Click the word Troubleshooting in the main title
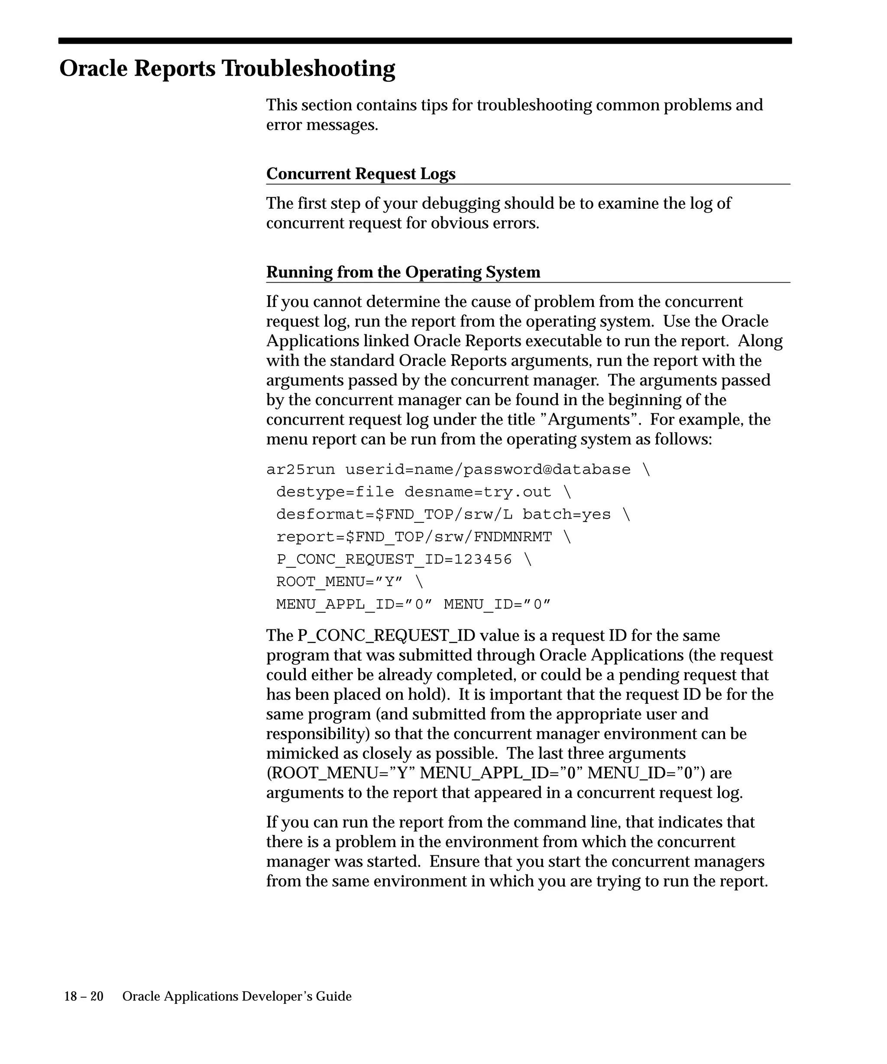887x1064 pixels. (x=308, y=68)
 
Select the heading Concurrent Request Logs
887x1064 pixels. (x=360, y=174)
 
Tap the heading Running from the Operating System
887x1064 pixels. (x=403, y=272)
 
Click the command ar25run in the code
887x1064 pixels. (x=301, y=470)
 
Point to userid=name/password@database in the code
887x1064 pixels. (x=488, y=470)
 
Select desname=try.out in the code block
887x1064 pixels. (x=477, y=492)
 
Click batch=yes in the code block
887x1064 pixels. (x=566, y=514)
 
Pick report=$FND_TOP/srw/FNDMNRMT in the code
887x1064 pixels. (x=414, y=537)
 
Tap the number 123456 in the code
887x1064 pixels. (x=482, y=559)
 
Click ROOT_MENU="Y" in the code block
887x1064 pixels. (x=339, y=582)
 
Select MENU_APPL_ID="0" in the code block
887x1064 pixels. (x=354, y=604)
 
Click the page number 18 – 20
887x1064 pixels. (x=84, y=996)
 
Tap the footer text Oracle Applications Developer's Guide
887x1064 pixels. (x=237, y=996)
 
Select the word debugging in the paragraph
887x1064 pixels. (x=460, y=203)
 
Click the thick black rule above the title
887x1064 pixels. (x=425, y=41)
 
